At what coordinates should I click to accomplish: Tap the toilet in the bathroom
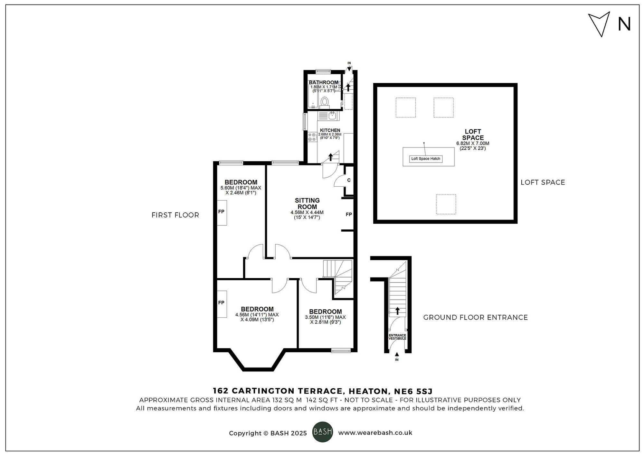pyautogui.click(x=324, y=101)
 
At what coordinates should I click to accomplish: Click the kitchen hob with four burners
pyautogui.click(x=312, y=137)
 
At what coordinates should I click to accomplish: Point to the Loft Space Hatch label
pyautogui.click(x=426, y=159)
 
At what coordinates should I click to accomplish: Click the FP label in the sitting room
pyautogui.click(x=349, y=214)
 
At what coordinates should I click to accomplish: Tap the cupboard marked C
pyautogui.click(x=349, y=180)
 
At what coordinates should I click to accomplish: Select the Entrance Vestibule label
pyautogui.click(x=397, y=337)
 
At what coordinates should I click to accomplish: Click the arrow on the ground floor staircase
pyautogui.click(x=398, y=311)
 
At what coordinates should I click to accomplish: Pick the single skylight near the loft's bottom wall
pyautogui.click(x=446, y=204)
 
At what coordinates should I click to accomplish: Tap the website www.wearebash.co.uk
pyautogui.click(x=375, y=433)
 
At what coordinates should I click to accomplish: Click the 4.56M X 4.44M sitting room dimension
pyautogui.click(x=307, y=212)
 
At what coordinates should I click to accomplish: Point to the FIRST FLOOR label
pyautogui.click(x=175, y=215)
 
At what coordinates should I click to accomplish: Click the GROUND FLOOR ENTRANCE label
pyautogui.click(x=475, y=318)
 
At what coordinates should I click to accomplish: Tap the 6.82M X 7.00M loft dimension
pyautogui.click(x=473, y=144)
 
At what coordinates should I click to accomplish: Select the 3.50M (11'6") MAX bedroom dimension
pyautogui.click(x=325, y=317)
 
